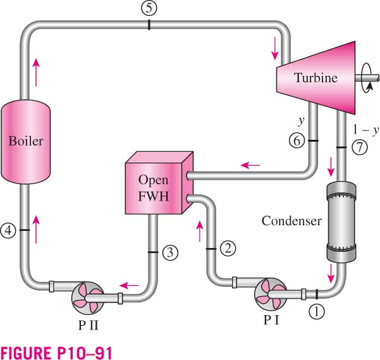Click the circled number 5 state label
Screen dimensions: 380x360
tap(149, 8)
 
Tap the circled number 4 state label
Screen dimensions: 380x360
tap(8, 230)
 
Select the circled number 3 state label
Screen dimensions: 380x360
tap(170, 253)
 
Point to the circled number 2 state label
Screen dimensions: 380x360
tap(228, 248)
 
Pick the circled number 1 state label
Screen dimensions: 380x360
tap(317, 311)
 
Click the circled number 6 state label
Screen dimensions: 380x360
tap(297, 140)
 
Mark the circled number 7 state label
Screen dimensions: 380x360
tap(360, 147)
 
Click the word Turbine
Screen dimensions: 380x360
tap(316, 78)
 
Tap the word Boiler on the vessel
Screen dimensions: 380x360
tap(26, 141)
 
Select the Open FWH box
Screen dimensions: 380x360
tap(159, 183)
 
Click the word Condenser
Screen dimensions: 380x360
tap(291, 221)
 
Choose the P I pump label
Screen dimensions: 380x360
tap(271, 320)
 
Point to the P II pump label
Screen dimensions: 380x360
tap(89, 325)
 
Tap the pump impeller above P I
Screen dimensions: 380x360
tap(270, 294)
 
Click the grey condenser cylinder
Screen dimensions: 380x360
tap(341, 221)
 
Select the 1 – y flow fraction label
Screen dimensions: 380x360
tap(365, 130)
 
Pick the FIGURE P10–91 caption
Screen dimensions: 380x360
tap(56, 352)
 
